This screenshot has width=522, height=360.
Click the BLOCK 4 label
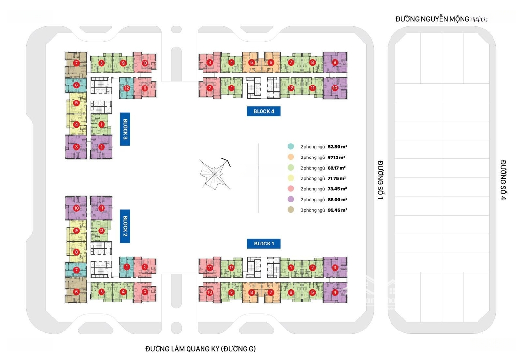point(264,111)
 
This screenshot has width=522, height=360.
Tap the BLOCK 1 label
point(263,244)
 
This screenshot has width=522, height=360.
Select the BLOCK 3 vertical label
point(125,129)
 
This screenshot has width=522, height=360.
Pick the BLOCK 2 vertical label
point(125,226)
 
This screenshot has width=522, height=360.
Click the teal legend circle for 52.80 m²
point(290,146)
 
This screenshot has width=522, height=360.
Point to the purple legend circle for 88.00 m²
point(290,200)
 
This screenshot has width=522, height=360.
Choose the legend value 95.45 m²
point(337,210)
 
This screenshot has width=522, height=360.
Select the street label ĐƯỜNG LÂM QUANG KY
point(200,349)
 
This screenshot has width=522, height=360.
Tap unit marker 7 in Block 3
point(76,63)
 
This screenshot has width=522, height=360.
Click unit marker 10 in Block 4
point(335,88)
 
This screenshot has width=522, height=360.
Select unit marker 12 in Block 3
point(126,88)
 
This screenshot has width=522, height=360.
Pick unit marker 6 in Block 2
point(76,292)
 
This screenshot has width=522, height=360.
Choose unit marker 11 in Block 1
point(210,268)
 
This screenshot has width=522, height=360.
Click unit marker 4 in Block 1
point(335,292)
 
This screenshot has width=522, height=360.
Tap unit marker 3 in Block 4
point(210,62)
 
